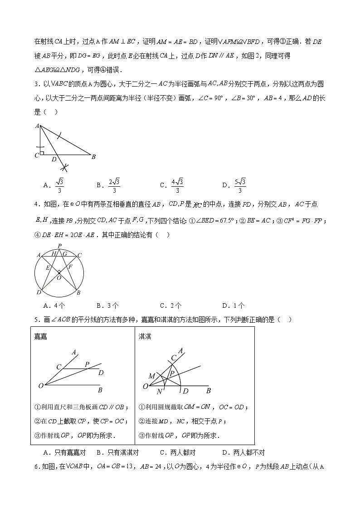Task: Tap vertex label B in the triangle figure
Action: click(93, 157)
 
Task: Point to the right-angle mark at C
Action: click(42, 153)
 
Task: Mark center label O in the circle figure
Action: click(58, 277)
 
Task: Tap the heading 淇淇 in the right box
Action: click(145, 336)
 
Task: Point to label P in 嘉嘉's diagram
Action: click(87, 364)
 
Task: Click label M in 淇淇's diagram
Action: click(151, 376)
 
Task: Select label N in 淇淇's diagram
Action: click(159, 392)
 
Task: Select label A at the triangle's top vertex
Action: click(36, 126)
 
